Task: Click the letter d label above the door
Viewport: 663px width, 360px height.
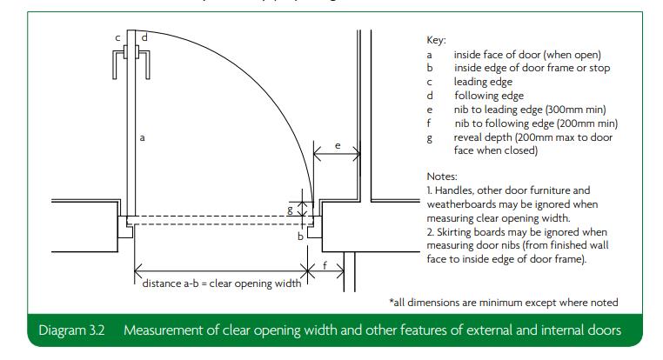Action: point(144,37)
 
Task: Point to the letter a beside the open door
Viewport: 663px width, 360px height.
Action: point(142,137)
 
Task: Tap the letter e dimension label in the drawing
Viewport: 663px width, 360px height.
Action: point(338,146)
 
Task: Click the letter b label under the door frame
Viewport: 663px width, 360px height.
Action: point(301,235)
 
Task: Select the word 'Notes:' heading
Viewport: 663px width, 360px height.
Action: point(443,175)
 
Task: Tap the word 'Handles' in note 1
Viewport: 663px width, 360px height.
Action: point(455,189)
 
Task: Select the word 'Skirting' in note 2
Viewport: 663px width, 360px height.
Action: point(457,232)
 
